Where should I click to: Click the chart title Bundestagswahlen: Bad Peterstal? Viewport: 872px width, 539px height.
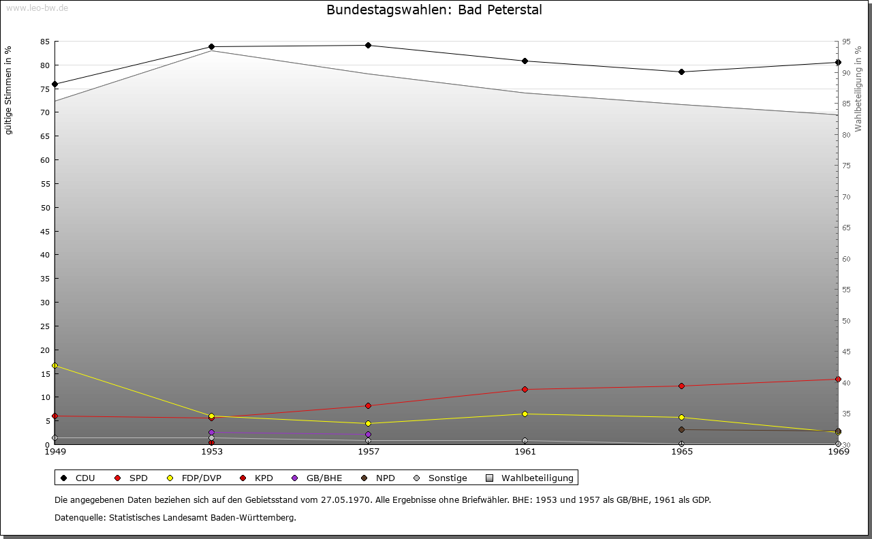tap(434, 10)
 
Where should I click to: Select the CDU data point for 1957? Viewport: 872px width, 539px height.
tap(368, 46)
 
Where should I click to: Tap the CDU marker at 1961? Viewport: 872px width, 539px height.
tap(525, 61)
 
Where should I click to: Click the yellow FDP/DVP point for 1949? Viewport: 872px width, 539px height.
tap(54, 366)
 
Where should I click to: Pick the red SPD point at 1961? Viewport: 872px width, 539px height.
tap(525, 390)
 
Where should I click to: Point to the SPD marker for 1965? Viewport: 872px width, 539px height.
tap(681, 386)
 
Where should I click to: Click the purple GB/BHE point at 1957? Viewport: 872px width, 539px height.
tap(368, 435)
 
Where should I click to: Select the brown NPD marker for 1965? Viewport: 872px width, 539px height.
tap(681, 430)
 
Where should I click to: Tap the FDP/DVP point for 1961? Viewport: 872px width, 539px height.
tap(525, 414)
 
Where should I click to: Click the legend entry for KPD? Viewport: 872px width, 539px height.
tap(256, 478)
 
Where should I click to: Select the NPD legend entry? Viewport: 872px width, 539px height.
tap(378, 478)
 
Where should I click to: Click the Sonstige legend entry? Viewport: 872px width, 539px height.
tap(440, 478)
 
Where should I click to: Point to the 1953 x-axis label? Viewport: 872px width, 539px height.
tap(211, 452)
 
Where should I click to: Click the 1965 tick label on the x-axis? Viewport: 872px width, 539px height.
tap(681, 452)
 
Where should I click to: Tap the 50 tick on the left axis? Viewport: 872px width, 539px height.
tap(45, 208)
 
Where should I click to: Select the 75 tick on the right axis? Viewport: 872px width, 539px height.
tap(847, 166)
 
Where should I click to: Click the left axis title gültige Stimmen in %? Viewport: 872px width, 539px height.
tap(9, 90)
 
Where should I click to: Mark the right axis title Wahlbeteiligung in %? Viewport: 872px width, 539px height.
tap(858, 88)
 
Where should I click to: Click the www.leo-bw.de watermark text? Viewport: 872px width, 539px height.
tap(37, 7)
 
